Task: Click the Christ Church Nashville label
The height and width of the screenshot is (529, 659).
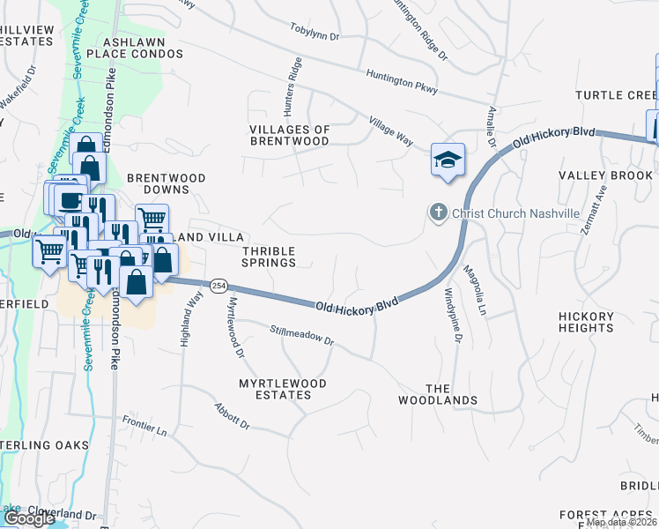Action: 515,213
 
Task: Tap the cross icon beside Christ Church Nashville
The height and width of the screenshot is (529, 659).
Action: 438,212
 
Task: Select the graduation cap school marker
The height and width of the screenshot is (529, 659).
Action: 447,160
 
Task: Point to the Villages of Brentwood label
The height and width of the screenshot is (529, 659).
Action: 290,135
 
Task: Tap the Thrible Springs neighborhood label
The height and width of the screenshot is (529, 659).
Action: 269,257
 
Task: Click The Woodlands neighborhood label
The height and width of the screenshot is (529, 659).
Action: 451,394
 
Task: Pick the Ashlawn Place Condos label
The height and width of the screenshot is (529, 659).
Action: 142,48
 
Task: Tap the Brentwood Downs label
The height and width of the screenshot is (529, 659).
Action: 167,183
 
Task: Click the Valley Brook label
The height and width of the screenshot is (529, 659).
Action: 605,175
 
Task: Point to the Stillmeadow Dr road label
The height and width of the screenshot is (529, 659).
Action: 303,335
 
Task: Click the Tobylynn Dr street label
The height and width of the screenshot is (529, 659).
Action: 315,31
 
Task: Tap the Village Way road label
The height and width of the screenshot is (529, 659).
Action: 391,130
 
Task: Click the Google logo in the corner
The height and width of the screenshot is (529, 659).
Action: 30,518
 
